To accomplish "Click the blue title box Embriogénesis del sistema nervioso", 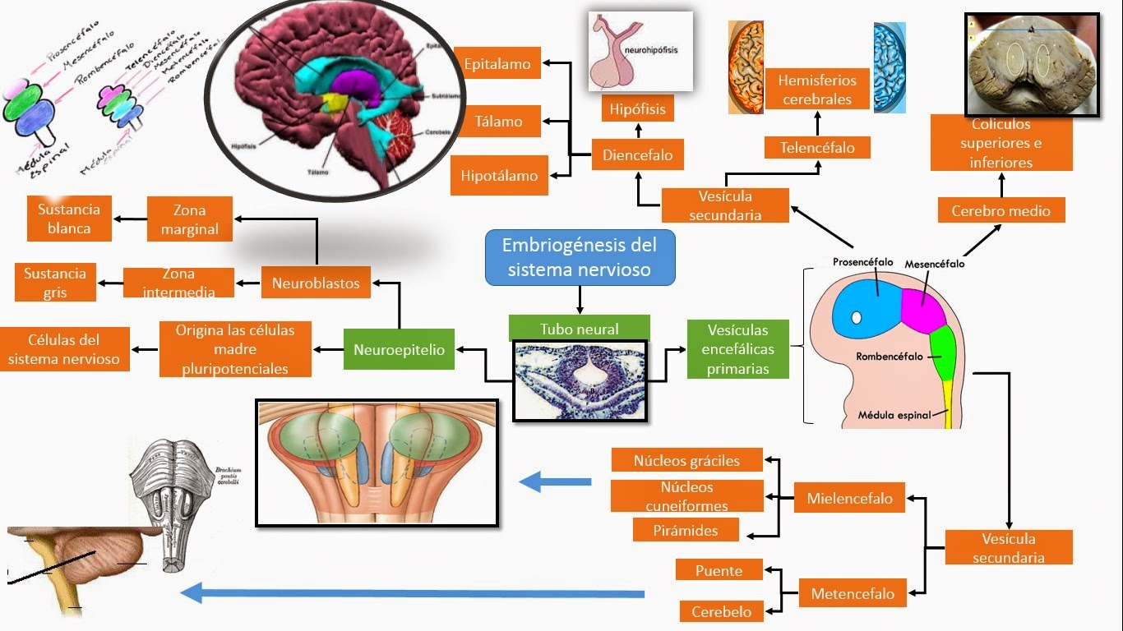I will click(x=580, y=257).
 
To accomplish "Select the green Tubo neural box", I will click(x=579, y=328).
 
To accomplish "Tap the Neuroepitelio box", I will click(x=399, y=350).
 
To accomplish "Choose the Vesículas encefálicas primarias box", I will click(x=737, y=349).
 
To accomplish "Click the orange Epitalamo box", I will click(x=497, y=63).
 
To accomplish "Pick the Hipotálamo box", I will click(x=499, y=176).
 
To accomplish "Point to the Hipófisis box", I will click(x=637, y=108).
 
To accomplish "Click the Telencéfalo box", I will click(x=817, y=148).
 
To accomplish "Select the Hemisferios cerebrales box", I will click(x=816, y=90).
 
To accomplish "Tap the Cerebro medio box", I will click(x=1001, y=210).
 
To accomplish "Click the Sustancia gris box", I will click(x=55, y=283).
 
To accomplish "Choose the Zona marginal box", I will click(x=189, y=219).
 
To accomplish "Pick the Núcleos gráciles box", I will click(x=686, y=460).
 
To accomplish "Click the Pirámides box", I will click(x=686, y=530).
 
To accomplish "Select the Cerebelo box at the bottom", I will click(x=721, y=611).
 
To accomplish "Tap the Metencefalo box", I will click(x=853, y=593).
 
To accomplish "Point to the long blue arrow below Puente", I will click(x=411, y=592).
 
